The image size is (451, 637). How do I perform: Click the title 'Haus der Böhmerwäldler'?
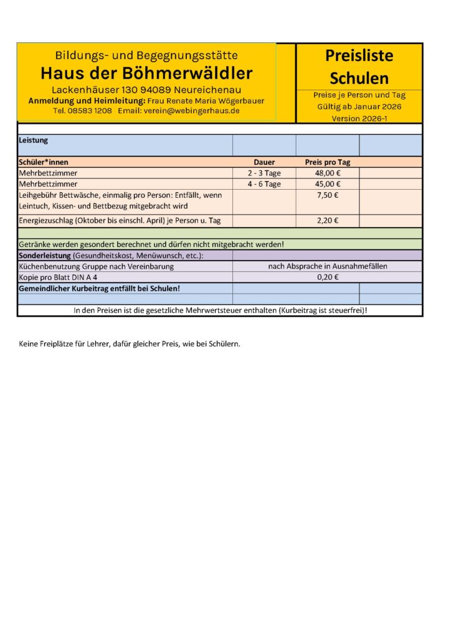tap(146, 73)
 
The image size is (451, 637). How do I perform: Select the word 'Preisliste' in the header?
tap(359, 55)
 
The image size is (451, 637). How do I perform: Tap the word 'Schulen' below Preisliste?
tap(359, 78)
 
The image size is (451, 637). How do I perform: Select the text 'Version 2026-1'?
tap(359, 118)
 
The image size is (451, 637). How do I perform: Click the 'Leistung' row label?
tap(34, 141)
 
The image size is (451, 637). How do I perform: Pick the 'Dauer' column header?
tap(264, 162)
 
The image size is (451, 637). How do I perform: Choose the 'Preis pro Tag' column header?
tap(328, 162)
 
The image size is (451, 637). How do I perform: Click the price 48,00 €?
tap(328, 173)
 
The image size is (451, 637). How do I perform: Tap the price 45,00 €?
tap(328, 184)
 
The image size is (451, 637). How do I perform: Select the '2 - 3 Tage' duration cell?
tap(264, 173)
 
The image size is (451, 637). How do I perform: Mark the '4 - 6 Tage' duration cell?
tap(264, 184)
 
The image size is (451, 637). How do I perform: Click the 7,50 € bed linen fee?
tap(328, 195)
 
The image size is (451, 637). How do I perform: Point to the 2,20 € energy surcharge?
tap(328, 220)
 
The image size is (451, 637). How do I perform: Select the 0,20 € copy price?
tap(328, 277)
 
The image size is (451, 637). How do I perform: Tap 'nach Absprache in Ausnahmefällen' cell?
tap(328, 266)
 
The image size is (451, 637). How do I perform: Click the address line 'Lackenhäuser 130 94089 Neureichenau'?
tap(146, 91)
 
